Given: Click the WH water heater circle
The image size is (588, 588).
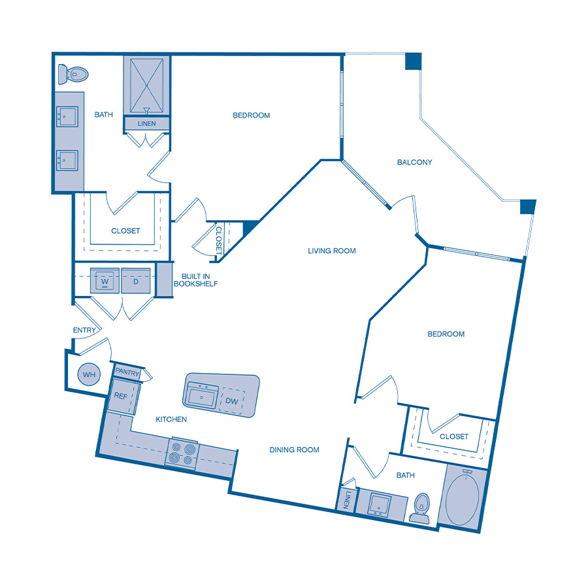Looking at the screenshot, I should [89, 375].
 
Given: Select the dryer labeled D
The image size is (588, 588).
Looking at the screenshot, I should [136, 282].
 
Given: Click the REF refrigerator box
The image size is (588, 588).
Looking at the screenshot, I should [121, 396].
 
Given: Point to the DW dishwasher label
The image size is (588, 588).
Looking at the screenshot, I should [232, 401].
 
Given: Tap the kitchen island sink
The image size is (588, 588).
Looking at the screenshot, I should [202, 395].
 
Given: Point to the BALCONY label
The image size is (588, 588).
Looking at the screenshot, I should [415, 162].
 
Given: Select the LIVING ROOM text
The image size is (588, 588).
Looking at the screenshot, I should [332, 250].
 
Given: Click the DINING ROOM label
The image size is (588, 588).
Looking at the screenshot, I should [294, 449].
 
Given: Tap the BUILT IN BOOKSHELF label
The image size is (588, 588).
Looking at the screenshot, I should [195, 280].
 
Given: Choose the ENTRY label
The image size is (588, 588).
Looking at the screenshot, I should [84, 331].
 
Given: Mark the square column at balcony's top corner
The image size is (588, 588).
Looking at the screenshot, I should [414, 61].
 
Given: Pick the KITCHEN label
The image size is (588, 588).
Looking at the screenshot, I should [171, 419].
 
